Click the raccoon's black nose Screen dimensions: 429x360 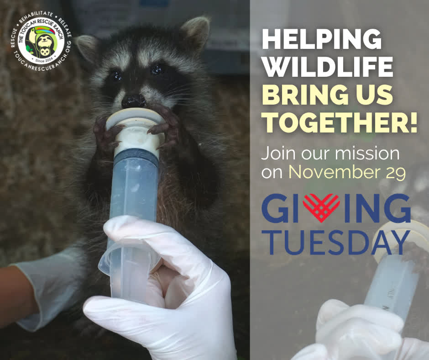coord(133,101)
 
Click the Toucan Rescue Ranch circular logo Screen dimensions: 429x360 coord(42,41)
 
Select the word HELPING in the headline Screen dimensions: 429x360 coord(322,39)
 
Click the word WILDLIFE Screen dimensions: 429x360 coord(328,67)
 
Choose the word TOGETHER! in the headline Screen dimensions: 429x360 coord(340,123)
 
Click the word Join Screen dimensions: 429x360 coord(278,154)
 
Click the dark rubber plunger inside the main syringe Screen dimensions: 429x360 coord(136,156)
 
